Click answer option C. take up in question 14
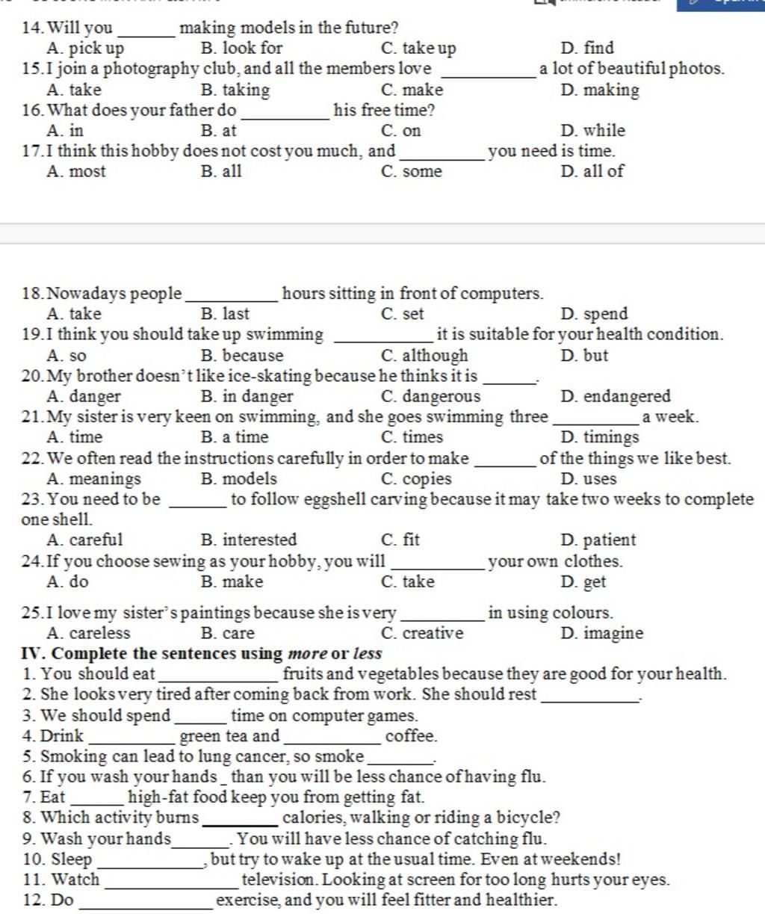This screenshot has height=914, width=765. pos(418,49)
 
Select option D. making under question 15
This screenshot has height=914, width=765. pos(600,90)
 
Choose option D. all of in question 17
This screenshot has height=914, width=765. pos(592,171)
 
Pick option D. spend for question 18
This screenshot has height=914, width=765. pos(594,314)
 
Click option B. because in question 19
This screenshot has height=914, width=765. pos(242,356)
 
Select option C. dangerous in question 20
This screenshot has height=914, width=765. pos(430,397)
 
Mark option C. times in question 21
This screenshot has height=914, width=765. pos(412,437)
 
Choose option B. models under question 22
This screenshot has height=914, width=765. pos(239,479)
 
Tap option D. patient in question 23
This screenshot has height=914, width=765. pos(598,540)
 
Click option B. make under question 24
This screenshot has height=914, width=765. pos(232,582)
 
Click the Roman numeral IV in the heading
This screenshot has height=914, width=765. pos(29,654)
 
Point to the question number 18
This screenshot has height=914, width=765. pos(31,294)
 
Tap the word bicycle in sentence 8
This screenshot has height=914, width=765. pos(531,818)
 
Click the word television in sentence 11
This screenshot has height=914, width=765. pos(279,880)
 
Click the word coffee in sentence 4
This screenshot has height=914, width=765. pos(410,736)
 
